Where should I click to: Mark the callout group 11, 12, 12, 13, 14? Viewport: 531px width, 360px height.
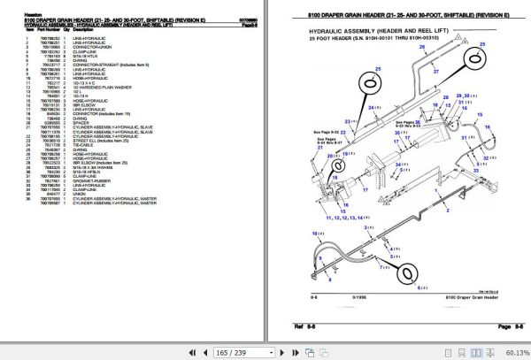point(343,216)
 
